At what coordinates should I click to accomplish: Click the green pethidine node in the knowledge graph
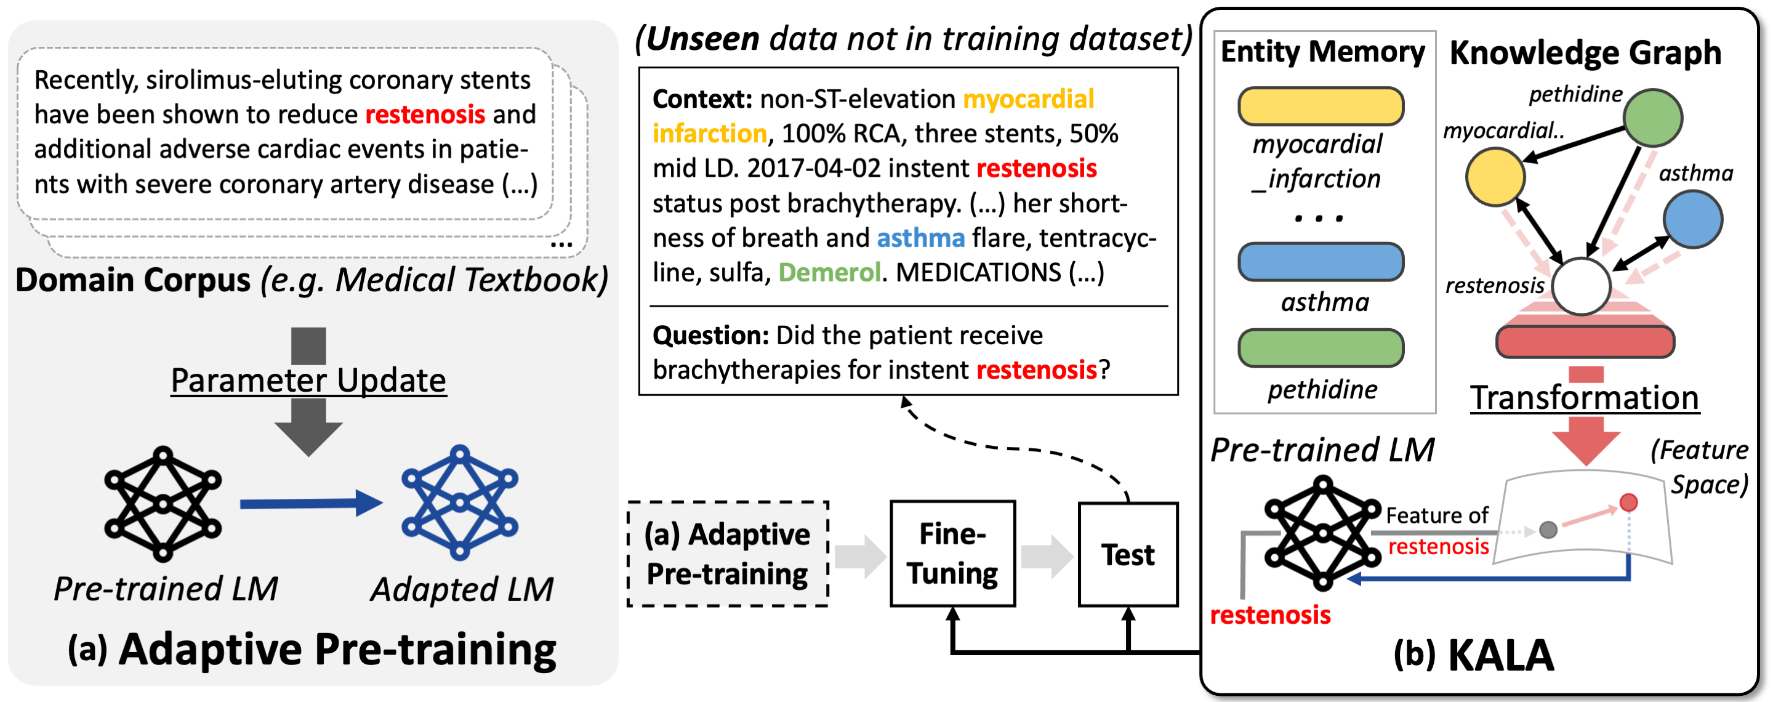point(1652,118)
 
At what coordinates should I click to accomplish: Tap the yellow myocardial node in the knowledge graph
point(1495,177)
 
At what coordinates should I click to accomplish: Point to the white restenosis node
point(1581,286)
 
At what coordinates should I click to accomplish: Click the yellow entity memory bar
point(1320,106)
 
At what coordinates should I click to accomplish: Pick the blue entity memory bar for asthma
point(1320,262)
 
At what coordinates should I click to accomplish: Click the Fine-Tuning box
point(952,554)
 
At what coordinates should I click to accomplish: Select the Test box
point(1127,554)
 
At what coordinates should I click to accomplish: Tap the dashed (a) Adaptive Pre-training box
point(728,554)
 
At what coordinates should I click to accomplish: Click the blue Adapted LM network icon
point(460,502)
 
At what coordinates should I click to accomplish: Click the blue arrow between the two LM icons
point(310,503)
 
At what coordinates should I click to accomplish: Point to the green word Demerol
point(829,273)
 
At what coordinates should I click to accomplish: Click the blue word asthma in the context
point(920,238)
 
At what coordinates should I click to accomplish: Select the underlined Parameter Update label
point(308,381)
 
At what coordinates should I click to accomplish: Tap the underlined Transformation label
point(1585,398)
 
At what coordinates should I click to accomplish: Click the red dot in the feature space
point(1628,502)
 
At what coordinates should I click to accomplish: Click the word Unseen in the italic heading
point(702,39)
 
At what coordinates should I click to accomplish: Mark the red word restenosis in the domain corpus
point(425,115)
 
